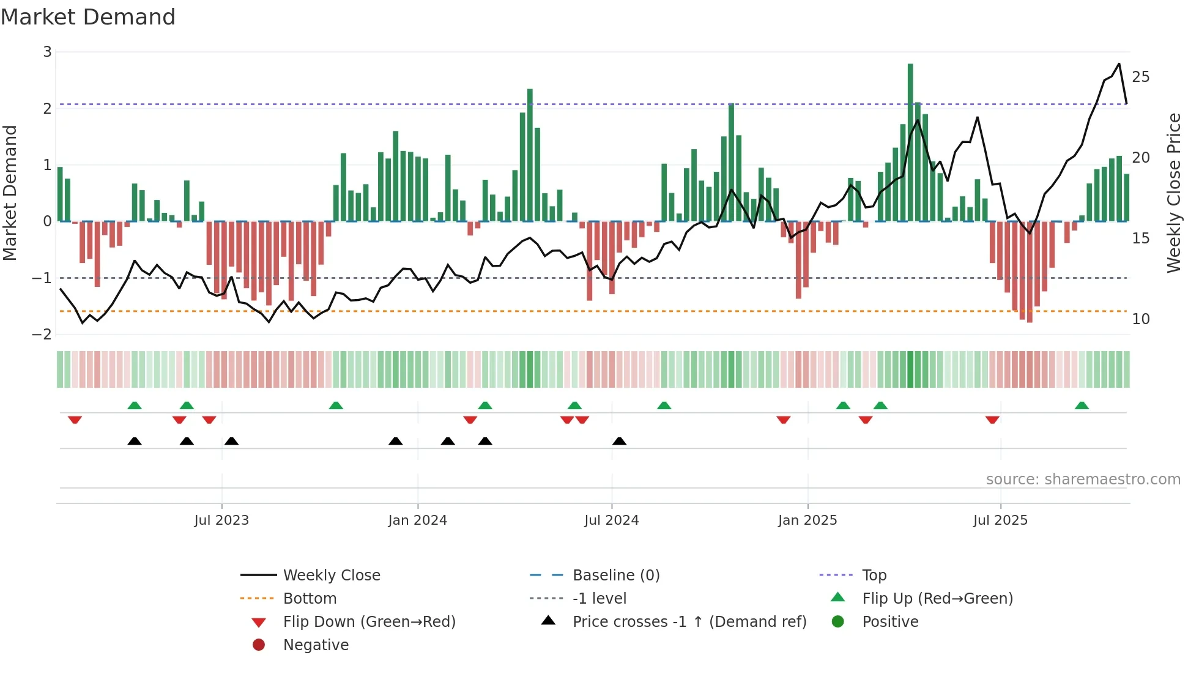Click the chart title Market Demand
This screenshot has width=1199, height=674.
click(88, 17)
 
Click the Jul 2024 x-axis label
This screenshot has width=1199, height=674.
click(611, 520)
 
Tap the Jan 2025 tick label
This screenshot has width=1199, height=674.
click(807, 520)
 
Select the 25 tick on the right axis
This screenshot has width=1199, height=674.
click(1141, 77)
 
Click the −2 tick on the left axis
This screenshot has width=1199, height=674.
click(42, 335)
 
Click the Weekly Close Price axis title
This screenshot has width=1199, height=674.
click(1173, 193)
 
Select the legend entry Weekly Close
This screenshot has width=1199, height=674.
click(331, 576)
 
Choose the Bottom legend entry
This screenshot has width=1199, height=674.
click(310, 599)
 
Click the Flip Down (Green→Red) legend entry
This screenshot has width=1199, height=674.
click(369, 622)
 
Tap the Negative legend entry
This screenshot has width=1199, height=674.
click(316, 645)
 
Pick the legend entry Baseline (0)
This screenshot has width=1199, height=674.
click(615, 576)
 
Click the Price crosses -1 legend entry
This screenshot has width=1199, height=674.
click(689, 622)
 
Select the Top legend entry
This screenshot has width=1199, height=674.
click(874, 576)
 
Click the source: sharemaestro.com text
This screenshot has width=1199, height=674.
click(1083, 480)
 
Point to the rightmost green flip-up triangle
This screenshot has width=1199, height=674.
click(1082, 406)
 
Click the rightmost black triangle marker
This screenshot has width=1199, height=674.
click(620, 442)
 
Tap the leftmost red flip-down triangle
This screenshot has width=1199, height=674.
click(75, 420)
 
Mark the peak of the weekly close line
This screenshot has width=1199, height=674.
click(1119, 64)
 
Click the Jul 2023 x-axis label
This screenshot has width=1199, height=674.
click(221, 520)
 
